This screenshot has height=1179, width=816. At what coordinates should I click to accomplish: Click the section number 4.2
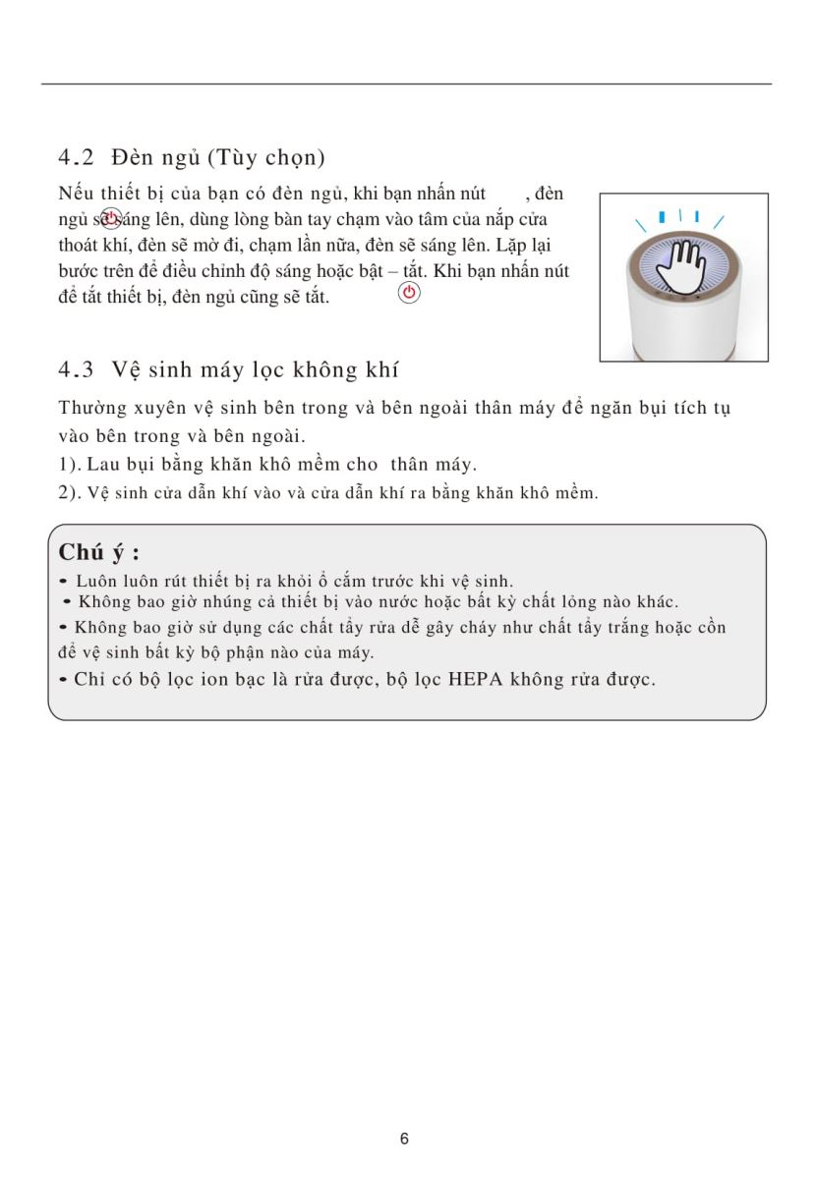tap(76, 157)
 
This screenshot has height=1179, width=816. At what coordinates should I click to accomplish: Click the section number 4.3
tap(76, 370)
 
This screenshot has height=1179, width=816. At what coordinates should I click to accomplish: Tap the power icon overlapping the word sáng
tap(111, 218)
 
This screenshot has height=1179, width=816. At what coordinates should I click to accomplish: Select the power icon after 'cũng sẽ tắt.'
tap(409, 293)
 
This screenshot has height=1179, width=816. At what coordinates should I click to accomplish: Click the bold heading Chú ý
tap(98, 551)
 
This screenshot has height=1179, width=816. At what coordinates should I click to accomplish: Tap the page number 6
tap(405, 1139)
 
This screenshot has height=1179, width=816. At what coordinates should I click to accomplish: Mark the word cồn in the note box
tap(713, 627)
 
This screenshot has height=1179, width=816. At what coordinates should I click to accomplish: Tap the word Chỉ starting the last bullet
tap(88, 679)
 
